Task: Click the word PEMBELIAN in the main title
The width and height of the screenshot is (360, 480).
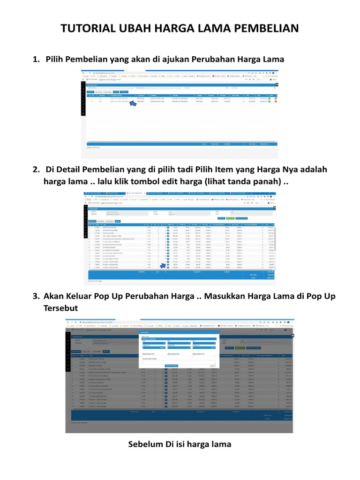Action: [x=262, y=29]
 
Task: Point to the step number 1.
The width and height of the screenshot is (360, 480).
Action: [x=35, y=60]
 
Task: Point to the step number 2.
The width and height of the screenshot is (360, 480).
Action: [x=35, y=169]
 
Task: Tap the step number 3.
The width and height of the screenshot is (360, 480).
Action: [x=35, y=297]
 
